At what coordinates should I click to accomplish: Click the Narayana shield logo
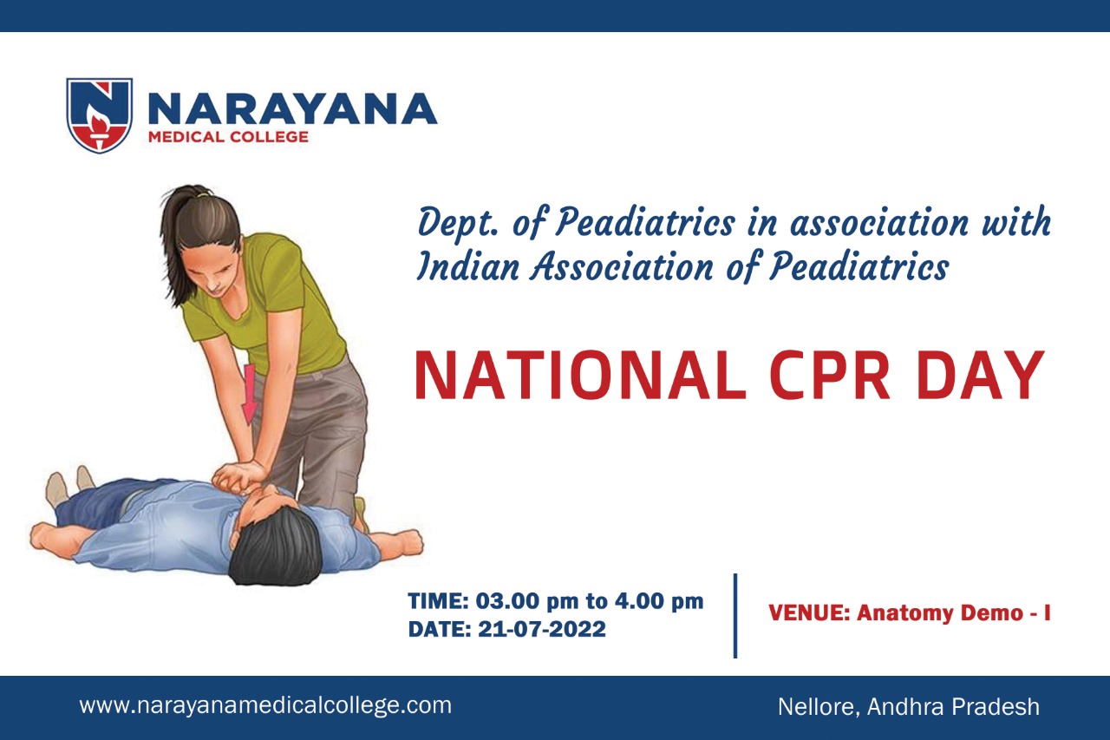pyautogui.click(x=99, y=115)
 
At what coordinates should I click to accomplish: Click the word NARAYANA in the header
pyautogui.click(x=292, y=109)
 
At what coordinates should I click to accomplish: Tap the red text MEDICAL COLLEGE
pyautogui.click(x=228, y=137)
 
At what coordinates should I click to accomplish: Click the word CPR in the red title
pyautogui.click(x=830, y=375)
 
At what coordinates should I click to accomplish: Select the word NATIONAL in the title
pyautogui.click(x=580, y=375)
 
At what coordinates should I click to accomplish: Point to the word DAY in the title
pyautogui.click(x=980, y=375)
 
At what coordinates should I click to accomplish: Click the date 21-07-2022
pyautogui.click(x=542, y=629)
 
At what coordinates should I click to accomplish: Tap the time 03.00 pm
pyautogui.click(x=527, y=601)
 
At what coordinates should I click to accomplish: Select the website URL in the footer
pyautogui.click(x=265, y=705)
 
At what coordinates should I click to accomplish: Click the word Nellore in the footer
pyautogui.click(x=819, y=707)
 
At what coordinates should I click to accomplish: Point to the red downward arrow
pyautogui.click(x=249, y=395)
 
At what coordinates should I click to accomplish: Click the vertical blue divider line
pyautogui.click(x=735, y=616)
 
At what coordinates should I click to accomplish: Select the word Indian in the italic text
pyautogui.click(x=467, y=267)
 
